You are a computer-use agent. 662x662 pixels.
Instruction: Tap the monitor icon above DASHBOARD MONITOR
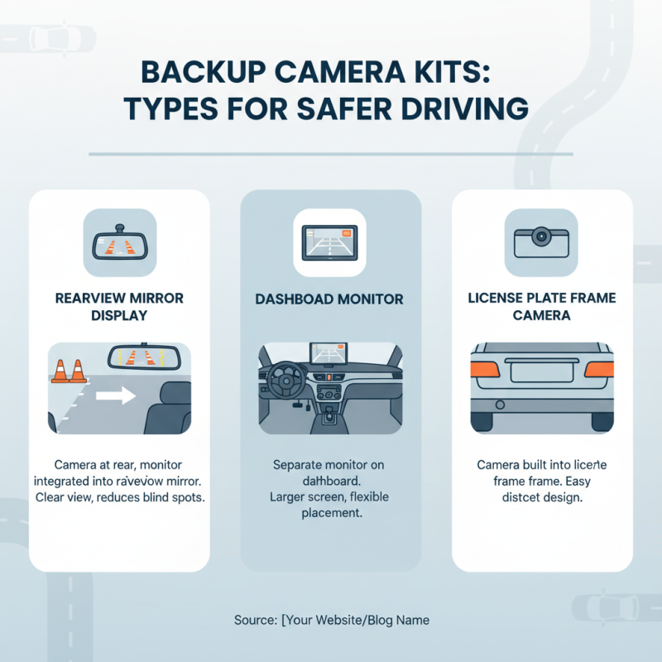[x=330, y=242]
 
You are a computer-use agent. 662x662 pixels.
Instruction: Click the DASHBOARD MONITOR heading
[x=330, y=299]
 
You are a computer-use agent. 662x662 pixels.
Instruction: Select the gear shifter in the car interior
[x=329, y=414]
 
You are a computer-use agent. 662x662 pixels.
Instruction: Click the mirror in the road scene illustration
[x=145, y=357]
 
